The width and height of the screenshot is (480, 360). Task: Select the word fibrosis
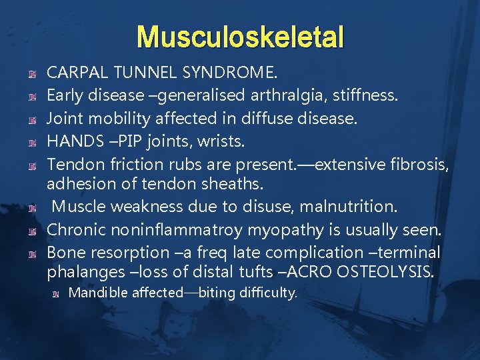[x=415, y=164]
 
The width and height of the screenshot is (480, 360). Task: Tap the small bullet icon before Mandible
[x=60, y=293]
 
